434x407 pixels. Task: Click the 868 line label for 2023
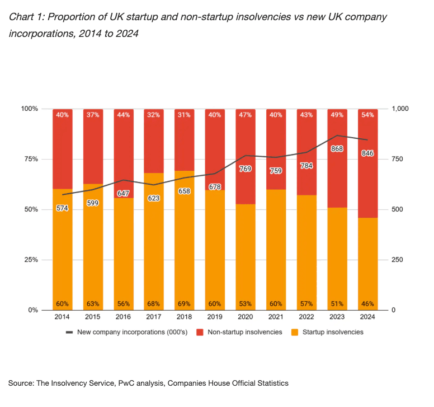pyautogui.click(x=337, y=149)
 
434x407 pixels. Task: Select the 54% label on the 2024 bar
pyautogui.click(x=367, y=115)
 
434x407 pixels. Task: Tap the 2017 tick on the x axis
pyautogui.click(x=154, y=317)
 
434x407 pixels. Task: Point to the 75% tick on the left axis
pyautogui.click(x=30, y=159)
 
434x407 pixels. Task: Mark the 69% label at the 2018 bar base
pyautogui.click(x=184, y=304)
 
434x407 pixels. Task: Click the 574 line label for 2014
pyautogui.click(x=62, y=208)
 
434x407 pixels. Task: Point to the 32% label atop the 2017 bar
pyautogui.click(x=154, y=115)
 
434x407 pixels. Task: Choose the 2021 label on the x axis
pyautogui.click(x=276, y=317)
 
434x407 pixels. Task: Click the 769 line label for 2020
pyautogui.click(x=245, y=169)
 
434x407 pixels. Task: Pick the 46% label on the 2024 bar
pyautogui.click(x=367, y=304)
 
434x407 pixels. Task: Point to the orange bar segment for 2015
pyautogui.click(x=92, y=252)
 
